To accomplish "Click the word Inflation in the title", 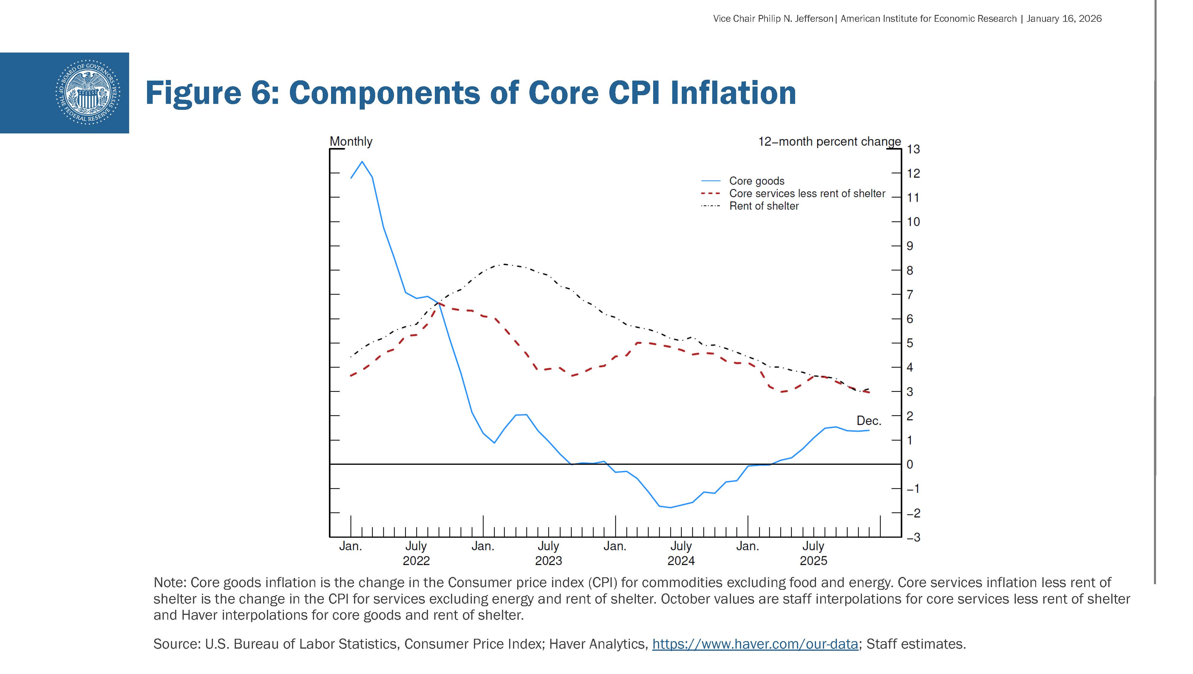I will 733,93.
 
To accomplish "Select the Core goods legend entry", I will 756,181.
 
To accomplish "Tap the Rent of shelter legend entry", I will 764,206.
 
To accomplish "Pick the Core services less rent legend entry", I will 807,193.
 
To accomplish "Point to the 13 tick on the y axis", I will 913,149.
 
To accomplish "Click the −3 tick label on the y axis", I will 913,537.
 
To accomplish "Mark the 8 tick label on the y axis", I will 910,270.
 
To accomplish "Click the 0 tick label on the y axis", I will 910,464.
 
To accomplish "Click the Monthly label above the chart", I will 350,141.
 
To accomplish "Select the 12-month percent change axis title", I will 829,141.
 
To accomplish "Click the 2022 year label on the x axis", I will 416,561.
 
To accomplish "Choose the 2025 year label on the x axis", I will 813,561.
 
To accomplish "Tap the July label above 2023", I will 548,546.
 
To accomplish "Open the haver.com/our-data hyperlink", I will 755,644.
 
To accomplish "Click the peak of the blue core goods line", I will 362,162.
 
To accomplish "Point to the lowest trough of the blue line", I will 670,507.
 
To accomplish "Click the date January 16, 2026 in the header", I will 1064,19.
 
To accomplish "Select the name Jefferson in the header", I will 814,19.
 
